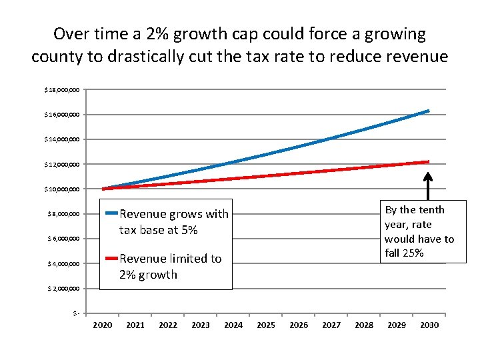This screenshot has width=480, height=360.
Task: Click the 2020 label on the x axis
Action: click(x=102, y=325)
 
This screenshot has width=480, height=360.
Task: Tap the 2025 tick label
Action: click(x=266, y=325)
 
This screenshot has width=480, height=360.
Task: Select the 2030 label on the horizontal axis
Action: click(x=429, y=325)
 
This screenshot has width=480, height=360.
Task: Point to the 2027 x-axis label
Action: click(x=331, y=325)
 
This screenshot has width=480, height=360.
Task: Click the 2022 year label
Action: click(x=167, y=325)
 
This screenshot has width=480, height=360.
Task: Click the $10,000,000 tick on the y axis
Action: click(x=62, y=189)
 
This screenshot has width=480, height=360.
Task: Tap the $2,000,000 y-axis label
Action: click(x=63, y=289)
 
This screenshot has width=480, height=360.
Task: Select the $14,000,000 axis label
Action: click(x=62, y=139)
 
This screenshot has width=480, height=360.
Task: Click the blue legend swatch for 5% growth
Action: click(x=111, y=213)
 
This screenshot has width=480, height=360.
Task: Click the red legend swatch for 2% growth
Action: click(x=111, y=258)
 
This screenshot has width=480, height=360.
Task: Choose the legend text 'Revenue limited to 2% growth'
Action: click(x=170, y=267)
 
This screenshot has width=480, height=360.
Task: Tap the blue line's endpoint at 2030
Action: click(x=428, y=111)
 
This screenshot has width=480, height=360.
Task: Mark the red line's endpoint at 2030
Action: click(x=428, y=161)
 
